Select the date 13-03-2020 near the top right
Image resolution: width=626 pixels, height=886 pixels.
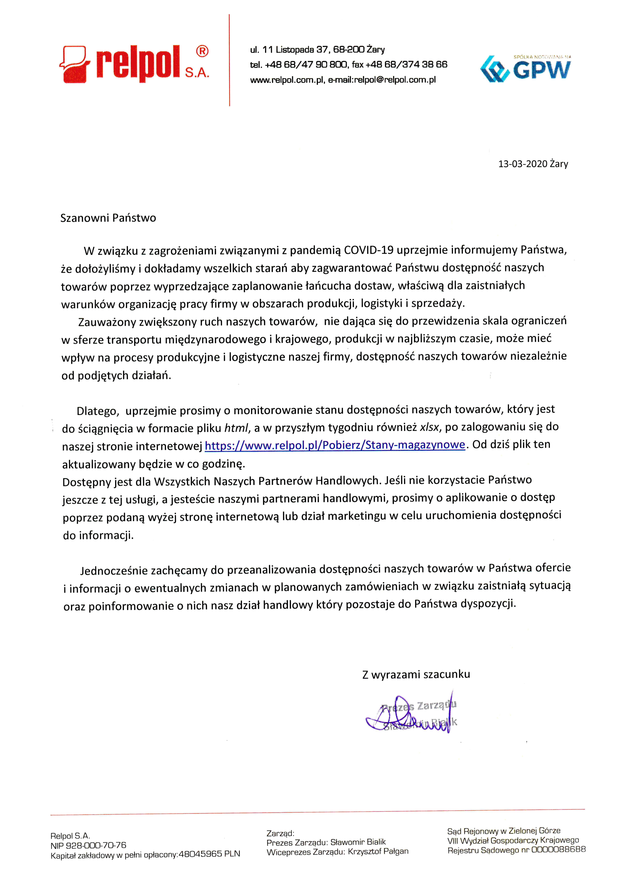[523, 164]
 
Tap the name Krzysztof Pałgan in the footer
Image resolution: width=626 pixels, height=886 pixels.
[378, 851]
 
